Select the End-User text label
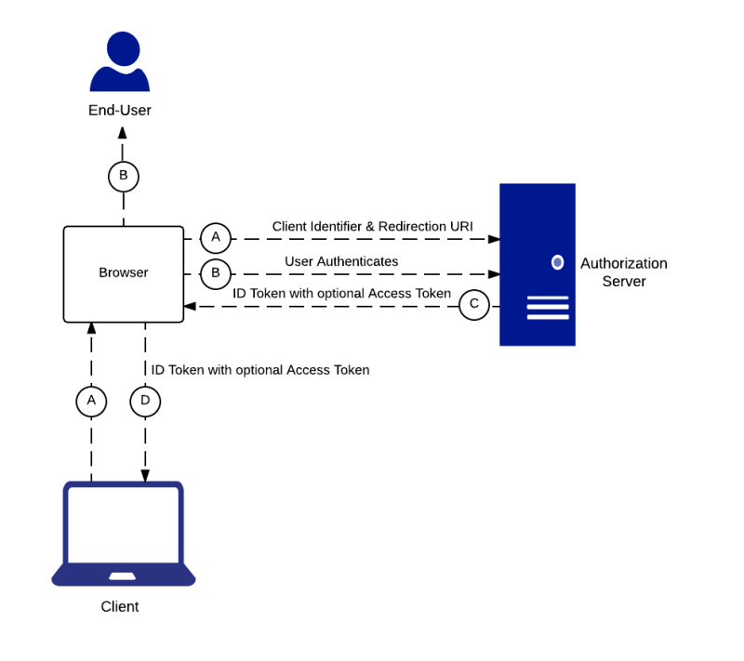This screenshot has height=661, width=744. [x=120, y=111]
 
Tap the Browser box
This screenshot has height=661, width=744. [x=123, y=273]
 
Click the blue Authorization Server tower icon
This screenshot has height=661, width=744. [x=537, y=264]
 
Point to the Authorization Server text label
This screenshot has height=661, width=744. [x=623, y=272]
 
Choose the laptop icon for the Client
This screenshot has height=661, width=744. [x=123, y=534]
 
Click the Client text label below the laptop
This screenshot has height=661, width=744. [x=120, y=607]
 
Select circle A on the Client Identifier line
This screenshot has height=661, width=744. [x=216, y=239]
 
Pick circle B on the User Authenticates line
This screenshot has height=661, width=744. [x=216, y=273]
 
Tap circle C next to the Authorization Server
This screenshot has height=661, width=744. [x=474, y=304]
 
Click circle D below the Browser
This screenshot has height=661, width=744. [x=145, y=401]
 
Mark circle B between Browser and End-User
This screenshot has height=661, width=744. [x=123, y=176]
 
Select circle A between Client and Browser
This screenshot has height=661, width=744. [x=91, y=401]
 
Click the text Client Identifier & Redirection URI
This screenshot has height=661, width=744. [x=372, y=226]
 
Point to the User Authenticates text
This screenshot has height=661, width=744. [x=341, y=261]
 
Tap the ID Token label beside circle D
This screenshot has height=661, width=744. [x=260, y=370]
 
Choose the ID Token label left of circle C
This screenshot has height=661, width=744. [x=341, y=294]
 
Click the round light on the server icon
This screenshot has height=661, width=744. [x=557, y=262]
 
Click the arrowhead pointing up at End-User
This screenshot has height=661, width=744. [x=123, y=132]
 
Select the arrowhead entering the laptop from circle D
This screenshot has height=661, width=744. [x=145, y=475]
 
